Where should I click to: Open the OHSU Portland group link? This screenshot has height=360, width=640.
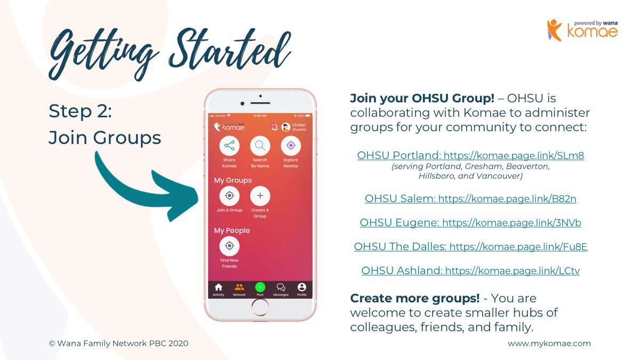(x=470, y=155)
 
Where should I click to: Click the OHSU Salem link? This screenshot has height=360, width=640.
(x=470, y=198)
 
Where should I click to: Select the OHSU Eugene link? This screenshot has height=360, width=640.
(x=470, y=222)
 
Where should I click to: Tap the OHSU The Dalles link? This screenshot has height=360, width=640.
(x=470, y=246)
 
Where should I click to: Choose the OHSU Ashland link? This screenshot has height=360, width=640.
(x=470, y=270)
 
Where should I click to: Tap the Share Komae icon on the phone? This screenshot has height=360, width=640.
(x=229, y=146)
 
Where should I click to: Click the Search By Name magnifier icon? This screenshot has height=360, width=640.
(x=260, y=146)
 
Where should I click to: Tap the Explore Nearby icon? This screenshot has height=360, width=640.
(x=291, y=146)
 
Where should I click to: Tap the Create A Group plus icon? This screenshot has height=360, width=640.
(x=260, y=196)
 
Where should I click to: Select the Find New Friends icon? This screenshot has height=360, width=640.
(x=229, y=246)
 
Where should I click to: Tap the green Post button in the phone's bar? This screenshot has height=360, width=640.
(x=260, y=287)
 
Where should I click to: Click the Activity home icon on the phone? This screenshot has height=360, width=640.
(x=219, y=287)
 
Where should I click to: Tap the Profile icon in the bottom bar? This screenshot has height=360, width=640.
(x=302, y=287)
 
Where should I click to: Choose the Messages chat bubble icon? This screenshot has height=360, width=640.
(x=281, y=287)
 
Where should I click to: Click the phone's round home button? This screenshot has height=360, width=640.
(x=260, y=307)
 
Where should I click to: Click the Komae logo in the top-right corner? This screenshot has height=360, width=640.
(x=583, y=30)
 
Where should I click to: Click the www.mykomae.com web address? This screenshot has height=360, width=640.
(x=549, y=343)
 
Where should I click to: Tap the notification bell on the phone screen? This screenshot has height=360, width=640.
(x=274, y=127)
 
